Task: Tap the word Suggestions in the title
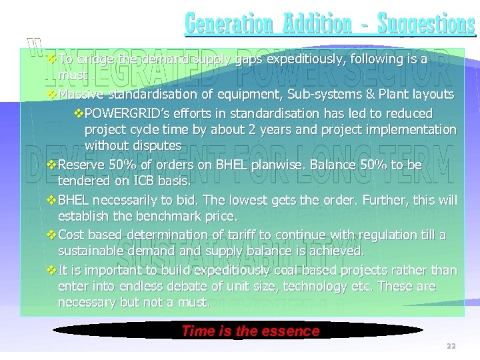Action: tap(426, 23)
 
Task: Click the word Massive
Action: tap(81, 94)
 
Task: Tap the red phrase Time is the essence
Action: tap(251, 331)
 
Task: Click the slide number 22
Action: tap(451, 346)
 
